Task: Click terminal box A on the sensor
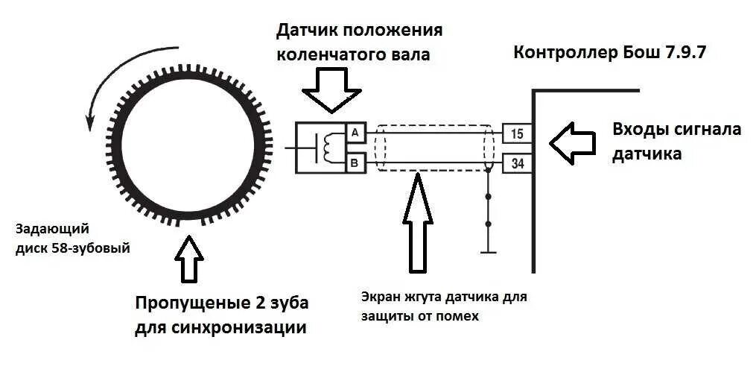355,133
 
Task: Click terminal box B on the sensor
355,162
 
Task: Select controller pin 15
517,133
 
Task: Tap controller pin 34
517,162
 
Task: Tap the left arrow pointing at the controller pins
572,142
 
